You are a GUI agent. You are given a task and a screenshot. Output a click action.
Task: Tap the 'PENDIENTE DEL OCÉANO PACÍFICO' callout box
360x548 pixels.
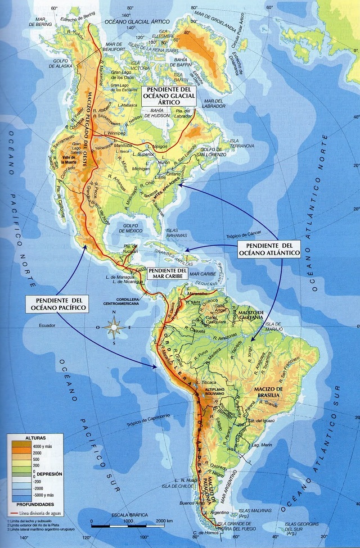(x=53, y=304)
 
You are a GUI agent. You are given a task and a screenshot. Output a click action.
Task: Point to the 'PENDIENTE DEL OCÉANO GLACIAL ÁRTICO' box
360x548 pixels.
(x=168, y=97)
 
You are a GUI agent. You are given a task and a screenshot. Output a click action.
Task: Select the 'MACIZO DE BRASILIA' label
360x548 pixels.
(x=271, y=393)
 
